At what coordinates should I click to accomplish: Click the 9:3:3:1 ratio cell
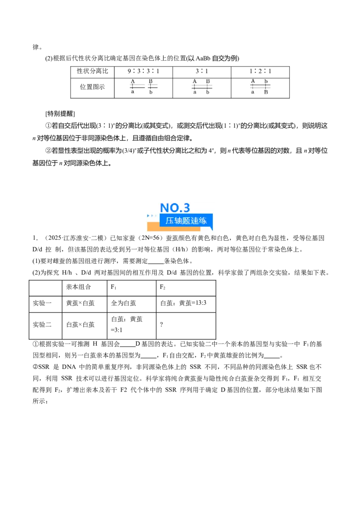tap(143, 71)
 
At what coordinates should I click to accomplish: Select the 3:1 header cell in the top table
tap(202, 71)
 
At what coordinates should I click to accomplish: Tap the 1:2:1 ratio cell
tap(260, 71)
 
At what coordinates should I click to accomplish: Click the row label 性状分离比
tap(92, 71)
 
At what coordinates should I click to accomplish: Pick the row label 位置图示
tap(92, 87)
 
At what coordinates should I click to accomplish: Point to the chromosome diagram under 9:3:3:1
tap(143, 87)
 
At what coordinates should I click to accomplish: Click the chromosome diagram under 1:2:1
tap(260, 87)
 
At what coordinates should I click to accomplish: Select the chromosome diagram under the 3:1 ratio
tap(202, 87)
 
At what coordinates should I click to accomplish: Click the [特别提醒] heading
tap(60, 114)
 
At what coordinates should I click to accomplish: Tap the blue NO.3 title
tap(175, 208)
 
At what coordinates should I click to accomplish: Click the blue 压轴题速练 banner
tap(186, 221)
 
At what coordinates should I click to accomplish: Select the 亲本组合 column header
tap(78, 287)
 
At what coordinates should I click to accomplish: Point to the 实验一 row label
tap(42, 303)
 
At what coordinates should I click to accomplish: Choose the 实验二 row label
tap(42, 325)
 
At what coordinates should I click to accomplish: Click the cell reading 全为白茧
tap(123, 303)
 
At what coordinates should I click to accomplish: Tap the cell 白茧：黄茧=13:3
tap(183, 303)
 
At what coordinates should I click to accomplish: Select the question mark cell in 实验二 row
tap(162, 325)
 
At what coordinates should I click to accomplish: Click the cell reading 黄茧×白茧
tap(80, 303)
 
